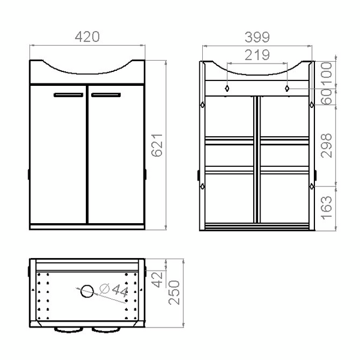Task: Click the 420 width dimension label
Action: (87, 37)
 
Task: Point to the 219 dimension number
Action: (257, 55)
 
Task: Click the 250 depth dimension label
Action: (174, 293)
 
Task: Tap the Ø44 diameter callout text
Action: (114, 291)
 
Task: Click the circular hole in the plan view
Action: (87, 292)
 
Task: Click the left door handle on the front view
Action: (68, 94)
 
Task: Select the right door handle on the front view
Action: (106, 94)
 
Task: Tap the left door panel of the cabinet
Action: (58, 156)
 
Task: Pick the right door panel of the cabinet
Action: (115, 156)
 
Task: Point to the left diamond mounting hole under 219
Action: (228, 88)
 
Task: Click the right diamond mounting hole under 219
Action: (287, 88)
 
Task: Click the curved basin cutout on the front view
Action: (87, 69)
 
